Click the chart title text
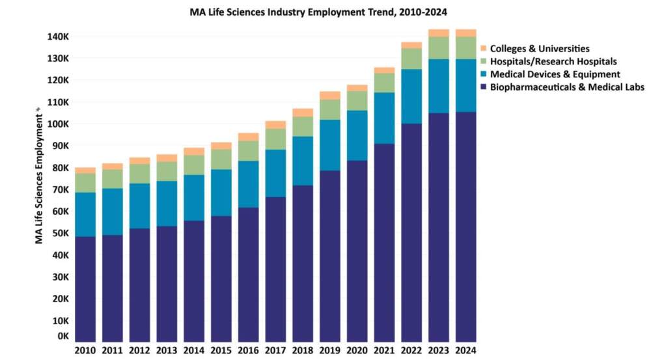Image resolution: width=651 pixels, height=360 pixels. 327,12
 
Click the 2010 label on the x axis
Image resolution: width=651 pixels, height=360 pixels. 85,351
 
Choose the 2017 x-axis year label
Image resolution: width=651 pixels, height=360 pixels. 275,351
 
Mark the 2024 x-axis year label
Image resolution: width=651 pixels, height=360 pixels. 465,351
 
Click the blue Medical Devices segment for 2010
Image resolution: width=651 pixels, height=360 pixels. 85,214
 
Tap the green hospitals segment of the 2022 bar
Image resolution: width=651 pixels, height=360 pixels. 411,59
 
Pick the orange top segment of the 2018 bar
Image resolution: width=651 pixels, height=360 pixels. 303,113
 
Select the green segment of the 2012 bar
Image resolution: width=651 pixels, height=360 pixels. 139,174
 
